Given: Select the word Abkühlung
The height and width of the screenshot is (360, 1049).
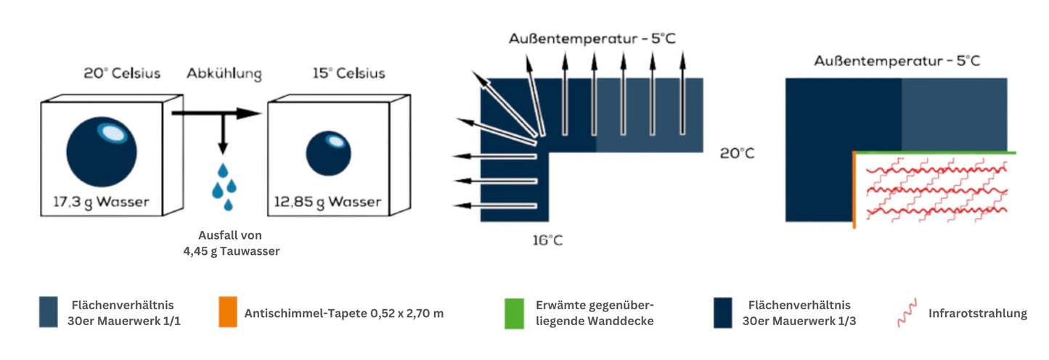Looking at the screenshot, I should (x=224, y=73).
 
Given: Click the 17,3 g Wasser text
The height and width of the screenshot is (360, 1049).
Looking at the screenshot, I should (x=101, y=202).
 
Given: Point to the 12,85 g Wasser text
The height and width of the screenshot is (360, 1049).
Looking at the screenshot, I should (x=328, y=202).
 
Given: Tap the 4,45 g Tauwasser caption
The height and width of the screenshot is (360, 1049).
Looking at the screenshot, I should (x=232, y=251).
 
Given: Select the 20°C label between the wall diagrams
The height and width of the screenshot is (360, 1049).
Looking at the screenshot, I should (x=737, y=154).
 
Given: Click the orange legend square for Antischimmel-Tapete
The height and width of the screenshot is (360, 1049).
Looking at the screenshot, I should (x=226, y=312).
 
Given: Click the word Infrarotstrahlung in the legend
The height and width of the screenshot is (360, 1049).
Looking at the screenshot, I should (x=977, y=314).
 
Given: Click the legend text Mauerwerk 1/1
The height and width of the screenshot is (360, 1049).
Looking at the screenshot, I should (x=127, y=321).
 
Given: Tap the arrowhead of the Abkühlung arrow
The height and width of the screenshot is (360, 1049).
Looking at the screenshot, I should (x=250, y=113).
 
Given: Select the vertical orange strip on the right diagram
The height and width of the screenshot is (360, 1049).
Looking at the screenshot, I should (x=854, y=190).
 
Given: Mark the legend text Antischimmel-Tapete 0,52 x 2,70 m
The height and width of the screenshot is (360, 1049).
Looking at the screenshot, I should (x=344, y=314).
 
